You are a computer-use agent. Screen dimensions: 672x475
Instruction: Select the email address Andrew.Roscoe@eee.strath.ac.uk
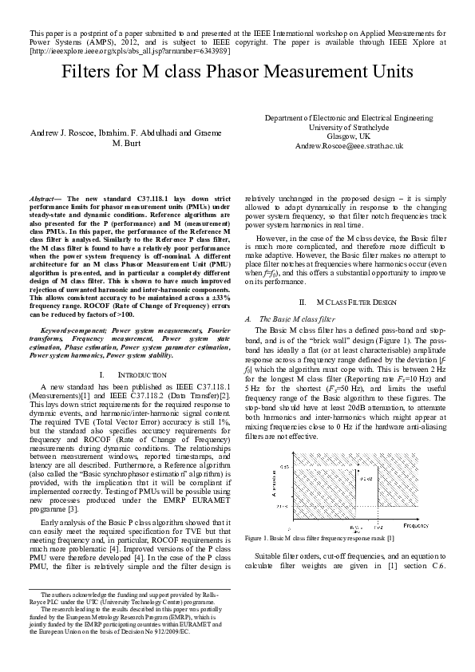(x=349, y=147)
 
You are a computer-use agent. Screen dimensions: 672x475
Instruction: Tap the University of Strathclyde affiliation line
(x=349, y=127)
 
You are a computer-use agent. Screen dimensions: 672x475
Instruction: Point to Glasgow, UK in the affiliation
(x=349, y=136)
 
